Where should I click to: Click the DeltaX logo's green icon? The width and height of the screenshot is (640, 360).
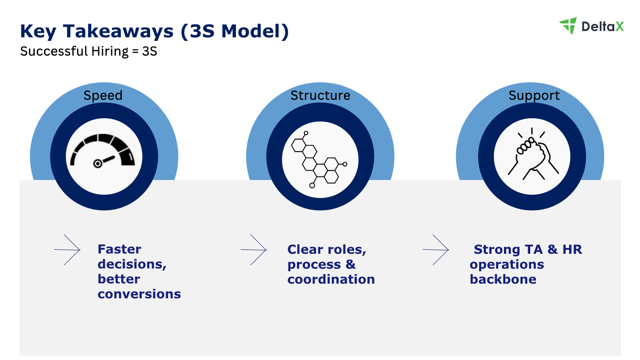tap(568, 26)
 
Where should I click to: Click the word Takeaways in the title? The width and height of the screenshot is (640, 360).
tap(118, 31)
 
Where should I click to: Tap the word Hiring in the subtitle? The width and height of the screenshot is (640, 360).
tap(110, 52)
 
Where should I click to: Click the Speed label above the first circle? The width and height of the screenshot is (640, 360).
tap(103, 96)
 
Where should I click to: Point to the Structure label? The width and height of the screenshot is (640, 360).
tap(320, 96)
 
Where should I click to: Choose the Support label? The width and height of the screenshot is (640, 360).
tap(534, 96)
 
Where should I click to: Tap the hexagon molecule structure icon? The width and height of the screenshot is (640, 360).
tap(319, 160)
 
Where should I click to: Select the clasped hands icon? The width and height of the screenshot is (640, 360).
tap(533, 154)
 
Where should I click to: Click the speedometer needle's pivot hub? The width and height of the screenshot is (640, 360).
tap(98, 164)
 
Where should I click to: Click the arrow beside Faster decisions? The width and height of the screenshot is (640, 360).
tap(67, 250)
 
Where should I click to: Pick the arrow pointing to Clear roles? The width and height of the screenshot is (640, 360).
tap(253, 250)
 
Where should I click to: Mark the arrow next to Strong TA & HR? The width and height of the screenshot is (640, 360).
tap(436, 250)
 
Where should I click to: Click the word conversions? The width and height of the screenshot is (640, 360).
tap(139, 294)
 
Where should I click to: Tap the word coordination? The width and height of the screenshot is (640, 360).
tap(331, 279)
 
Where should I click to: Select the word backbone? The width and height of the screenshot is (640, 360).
tap(503, 279)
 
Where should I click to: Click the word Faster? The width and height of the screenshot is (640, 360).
tap(120, 249)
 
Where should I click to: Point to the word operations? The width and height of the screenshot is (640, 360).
tap(507, 265)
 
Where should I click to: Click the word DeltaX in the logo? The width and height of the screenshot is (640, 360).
tap(603, 27)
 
